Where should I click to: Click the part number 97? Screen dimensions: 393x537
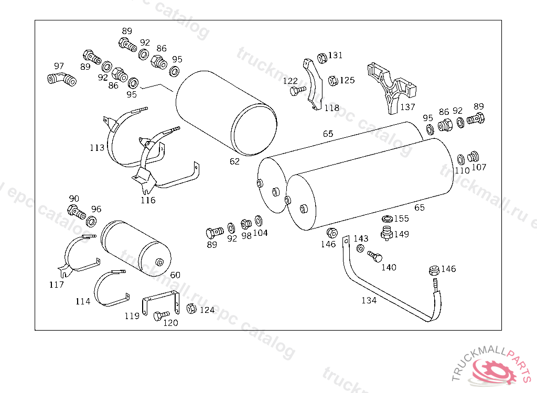pyautogui.click(x=59, y=66)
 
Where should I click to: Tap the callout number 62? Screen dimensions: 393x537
pyautogui.click(x=234, y=161)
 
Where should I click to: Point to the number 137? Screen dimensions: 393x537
pyautogui.click(x=407, y=107)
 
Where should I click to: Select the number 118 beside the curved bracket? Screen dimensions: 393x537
pyautogui.click(x=331, y=108)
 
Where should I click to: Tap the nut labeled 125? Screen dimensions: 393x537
pyautogui.click(x=332, y=80)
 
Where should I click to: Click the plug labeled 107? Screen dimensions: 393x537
pyautogui.click(x=474, y=157)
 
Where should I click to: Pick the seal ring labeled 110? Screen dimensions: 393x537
pyautogui.click(x=460, y=159)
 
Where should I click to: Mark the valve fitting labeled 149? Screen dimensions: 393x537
pyautogui.click(x=387, y=232)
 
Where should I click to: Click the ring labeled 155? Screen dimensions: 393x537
pyautogui.click(x=387, y=219)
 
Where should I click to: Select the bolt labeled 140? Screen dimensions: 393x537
pyautogui.click(x=374, y=256)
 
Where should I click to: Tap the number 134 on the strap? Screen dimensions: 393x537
pyautogui.click(x=369, y=300)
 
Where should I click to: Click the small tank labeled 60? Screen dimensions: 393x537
pyautogui.click(x=134, y=248)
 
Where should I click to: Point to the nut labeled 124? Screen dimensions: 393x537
pyautogui.click(x=191, y=308)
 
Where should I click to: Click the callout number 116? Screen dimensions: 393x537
pyautogui.click(x=148, y=200)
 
